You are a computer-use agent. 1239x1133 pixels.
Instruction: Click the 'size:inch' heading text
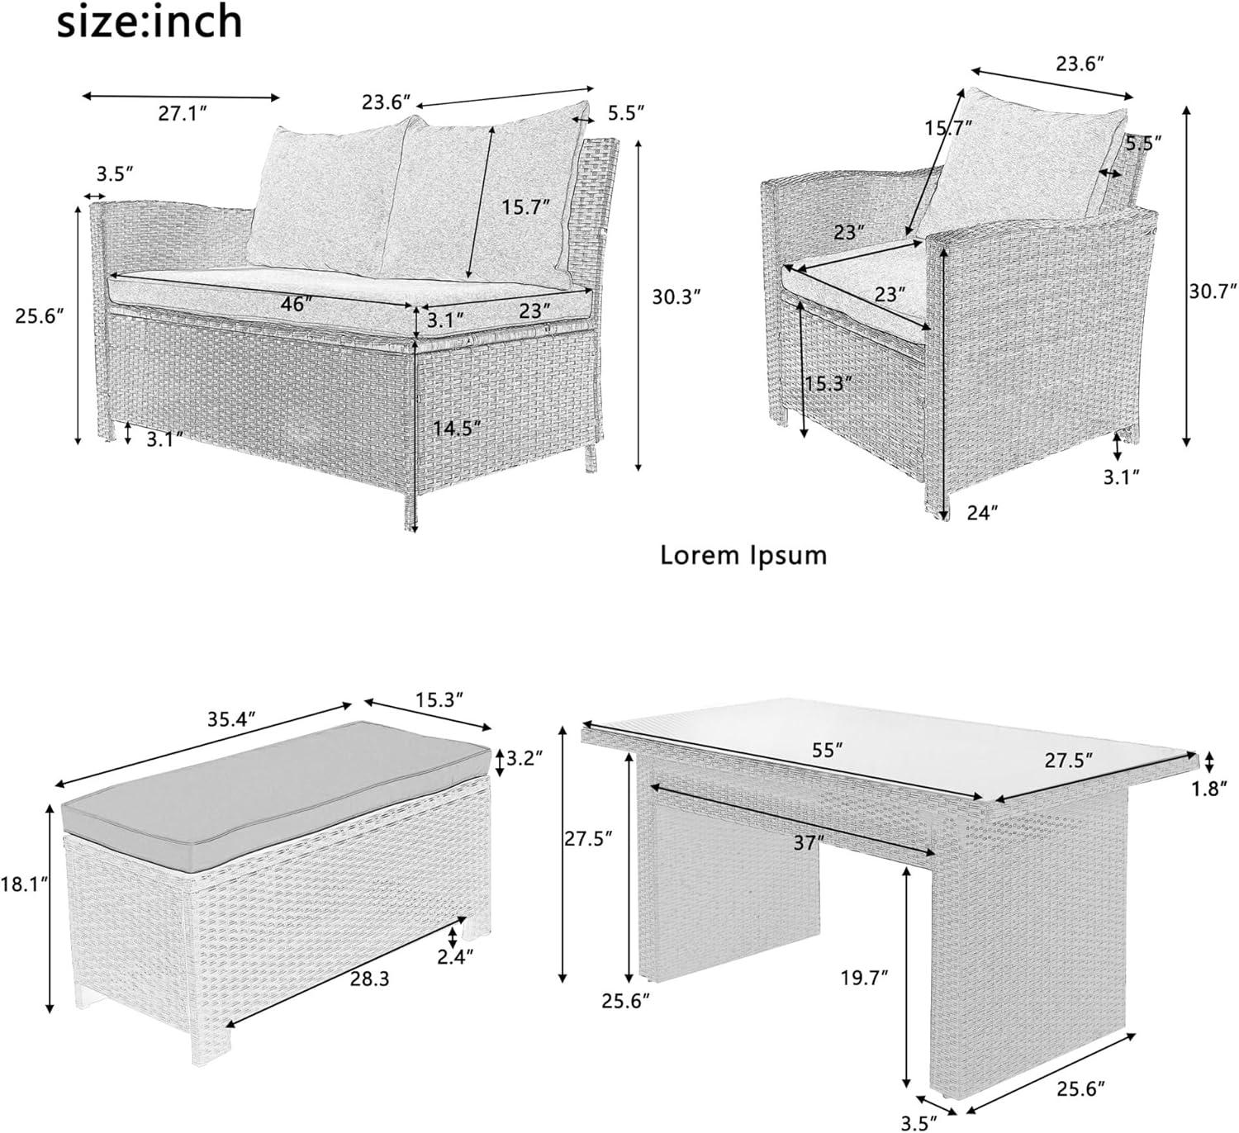point(150,23)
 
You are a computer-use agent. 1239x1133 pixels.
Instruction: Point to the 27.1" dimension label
point(183,114)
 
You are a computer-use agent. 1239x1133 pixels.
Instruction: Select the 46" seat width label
point(296,304)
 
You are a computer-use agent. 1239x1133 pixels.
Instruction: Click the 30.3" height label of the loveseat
point(677,297)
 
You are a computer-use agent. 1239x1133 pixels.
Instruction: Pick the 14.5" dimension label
point(457,428)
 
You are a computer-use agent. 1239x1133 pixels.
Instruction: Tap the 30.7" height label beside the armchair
point(1213,291)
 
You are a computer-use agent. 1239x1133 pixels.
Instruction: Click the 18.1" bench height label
point(25,885)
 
